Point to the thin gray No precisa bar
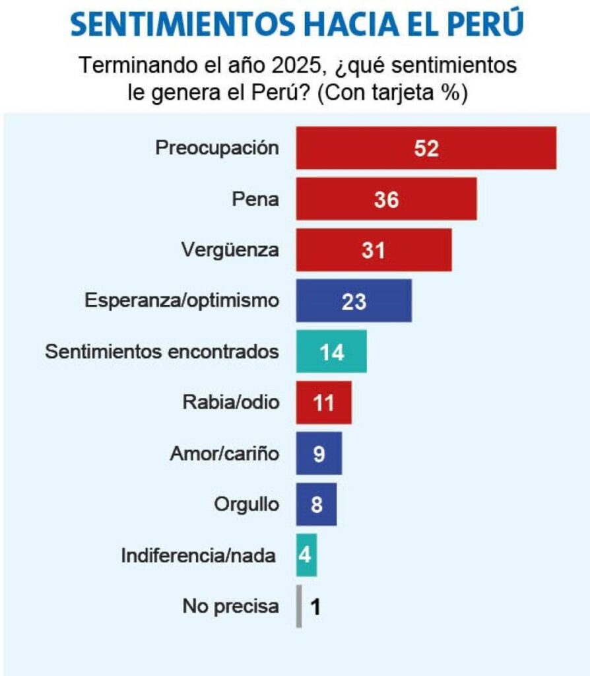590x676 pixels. tap(300, 606)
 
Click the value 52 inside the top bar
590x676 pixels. tap(426, 149)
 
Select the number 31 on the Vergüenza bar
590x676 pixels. tap(373, 250)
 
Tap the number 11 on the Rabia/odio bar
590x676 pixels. tap(324, 403)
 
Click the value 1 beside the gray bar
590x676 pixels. tap(315, 607)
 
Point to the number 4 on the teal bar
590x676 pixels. tap(306, 555)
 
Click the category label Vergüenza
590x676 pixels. tap(230, 250)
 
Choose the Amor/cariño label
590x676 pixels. tap(224, 454)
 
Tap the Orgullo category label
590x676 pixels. tap(246, 505)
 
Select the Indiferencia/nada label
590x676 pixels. tap(198, 555)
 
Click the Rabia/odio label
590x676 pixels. tap(230, 403)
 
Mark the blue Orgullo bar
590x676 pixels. tap(317, 504)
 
